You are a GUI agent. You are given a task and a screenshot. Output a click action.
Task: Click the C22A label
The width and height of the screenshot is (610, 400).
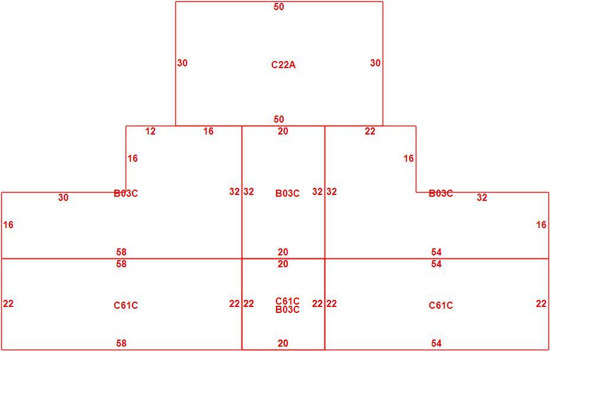tap(283, 65)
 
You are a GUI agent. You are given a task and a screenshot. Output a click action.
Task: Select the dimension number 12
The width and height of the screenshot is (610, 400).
tap(150, 131)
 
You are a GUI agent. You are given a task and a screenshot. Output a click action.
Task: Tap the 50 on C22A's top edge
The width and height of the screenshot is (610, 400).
tap(278, 7)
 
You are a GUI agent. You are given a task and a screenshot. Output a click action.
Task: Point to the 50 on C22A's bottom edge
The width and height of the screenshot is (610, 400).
tap(278, 119)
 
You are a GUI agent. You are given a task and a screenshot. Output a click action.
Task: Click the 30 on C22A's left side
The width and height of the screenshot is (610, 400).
tap(182, 63)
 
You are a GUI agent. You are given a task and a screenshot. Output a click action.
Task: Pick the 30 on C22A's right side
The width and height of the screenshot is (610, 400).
tap(375, 63)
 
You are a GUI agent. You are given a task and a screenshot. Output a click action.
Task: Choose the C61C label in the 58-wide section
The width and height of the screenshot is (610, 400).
tap(126, 305)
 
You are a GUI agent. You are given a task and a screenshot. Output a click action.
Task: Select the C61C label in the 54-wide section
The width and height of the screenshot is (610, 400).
tap(441, 305)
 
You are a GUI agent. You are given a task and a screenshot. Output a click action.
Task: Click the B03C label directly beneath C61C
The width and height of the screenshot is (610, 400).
tap(287, 310)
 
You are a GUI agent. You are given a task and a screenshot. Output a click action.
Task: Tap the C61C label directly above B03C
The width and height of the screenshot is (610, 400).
tap(287, 301)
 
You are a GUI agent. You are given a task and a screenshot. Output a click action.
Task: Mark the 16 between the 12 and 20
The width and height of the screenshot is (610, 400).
tap(208, 131)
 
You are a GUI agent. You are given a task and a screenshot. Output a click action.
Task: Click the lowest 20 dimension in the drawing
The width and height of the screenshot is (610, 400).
tap(283, 343)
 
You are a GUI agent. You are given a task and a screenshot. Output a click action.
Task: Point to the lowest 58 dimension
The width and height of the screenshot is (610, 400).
tap(121, 343)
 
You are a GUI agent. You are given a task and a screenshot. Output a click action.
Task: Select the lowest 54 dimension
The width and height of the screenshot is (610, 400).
tap(436, 343)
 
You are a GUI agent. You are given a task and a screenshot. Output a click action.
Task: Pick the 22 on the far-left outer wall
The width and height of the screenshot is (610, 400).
tap(8, 303)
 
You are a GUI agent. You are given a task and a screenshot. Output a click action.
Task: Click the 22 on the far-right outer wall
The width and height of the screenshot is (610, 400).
tap(541, 303)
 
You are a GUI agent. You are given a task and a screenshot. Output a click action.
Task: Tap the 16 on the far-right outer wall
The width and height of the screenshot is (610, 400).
tap(541, 225)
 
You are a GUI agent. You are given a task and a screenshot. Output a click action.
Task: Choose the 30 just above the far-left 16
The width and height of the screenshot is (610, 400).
tap(63, 197)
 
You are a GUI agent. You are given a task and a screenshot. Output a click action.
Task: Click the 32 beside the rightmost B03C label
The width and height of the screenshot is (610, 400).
tap(481, 197)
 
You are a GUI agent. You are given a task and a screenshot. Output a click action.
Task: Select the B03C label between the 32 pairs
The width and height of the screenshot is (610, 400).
tap(287, 193)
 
